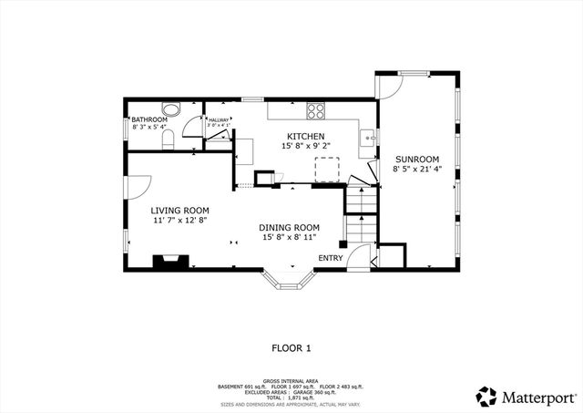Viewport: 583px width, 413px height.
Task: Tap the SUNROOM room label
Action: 415,158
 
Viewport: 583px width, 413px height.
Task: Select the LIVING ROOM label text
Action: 180,210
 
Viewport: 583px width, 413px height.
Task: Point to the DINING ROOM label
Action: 289,227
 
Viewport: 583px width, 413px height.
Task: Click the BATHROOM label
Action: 148,119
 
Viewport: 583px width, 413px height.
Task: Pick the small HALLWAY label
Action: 218,119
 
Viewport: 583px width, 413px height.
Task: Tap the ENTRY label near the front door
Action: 330,258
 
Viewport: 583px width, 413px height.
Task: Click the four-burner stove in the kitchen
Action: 316,111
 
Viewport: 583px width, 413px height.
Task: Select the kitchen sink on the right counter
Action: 366,139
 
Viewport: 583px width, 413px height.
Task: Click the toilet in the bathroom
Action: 168,139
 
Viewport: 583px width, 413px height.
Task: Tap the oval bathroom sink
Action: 171,107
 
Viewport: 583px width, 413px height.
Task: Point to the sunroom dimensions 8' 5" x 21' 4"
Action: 416,169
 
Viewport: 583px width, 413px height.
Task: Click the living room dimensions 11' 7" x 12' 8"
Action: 180,220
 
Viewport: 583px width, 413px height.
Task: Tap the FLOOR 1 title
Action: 291,347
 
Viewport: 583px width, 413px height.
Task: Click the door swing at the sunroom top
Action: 389,87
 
